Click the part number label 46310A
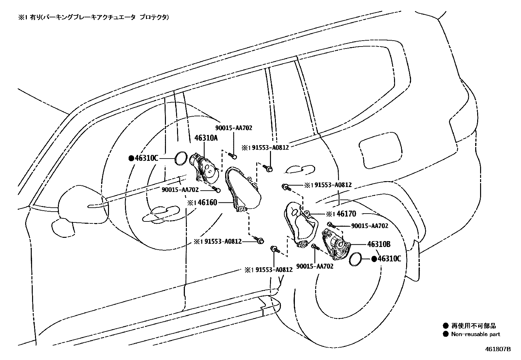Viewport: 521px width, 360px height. click(x=206, y=138)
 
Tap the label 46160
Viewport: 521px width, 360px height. click(x=207, y=203)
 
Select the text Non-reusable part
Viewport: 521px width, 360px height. click(x=476, y=334)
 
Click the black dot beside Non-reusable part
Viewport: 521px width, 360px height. click(x=445, y=334)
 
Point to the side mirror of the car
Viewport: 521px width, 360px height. click(x=80, y=205)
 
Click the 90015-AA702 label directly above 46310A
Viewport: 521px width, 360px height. click(x=234, y=128)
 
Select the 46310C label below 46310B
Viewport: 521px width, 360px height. click(x=389, y=259)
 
